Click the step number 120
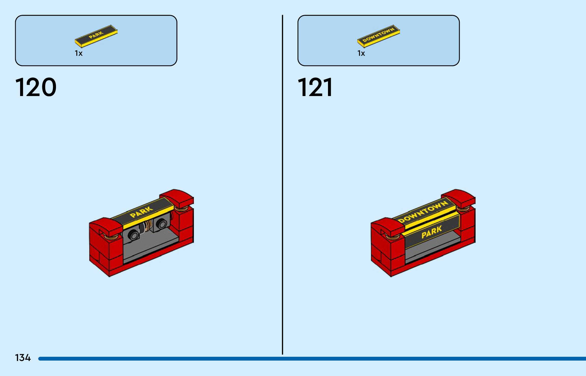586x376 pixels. tap(36, 87)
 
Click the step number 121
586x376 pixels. tap(315, 87)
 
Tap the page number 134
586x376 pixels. tap(23, 358)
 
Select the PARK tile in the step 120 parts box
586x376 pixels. tap(96, 36)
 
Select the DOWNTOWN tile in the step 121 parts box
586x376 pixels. tap(379, 36)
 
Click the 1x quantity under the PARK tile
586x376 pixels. tap(79, 53)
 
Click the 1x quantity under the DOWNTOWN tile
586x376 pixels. tap(361, 53)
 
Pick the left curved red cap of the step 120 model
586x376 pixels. tap(105, 225)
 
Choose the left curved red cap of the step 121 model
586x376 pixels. tap(387, 225)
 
